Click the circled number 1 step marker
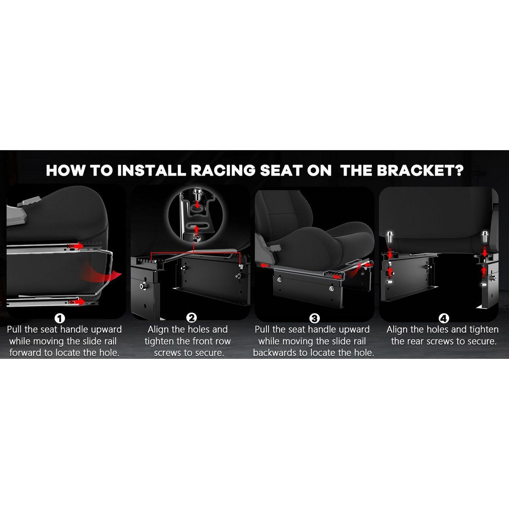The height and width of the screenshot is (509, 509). click(60, 319)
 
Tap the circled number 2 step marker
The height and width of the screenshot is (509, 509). click(191, 318)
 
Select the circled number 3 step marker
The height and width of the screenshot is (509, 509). click(314, 319)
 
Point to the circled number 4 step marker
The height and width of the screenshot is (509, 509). click(444, 319)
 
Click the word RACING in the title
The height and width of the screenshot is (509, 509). click(223, 171)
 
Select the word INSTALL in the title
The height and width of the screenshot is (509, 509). click(151, 171)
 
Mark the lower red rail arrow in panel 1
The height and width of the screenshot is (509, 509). click(77, 302)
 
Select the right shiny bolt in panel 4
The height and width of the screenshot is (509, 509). click(485, 236)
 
